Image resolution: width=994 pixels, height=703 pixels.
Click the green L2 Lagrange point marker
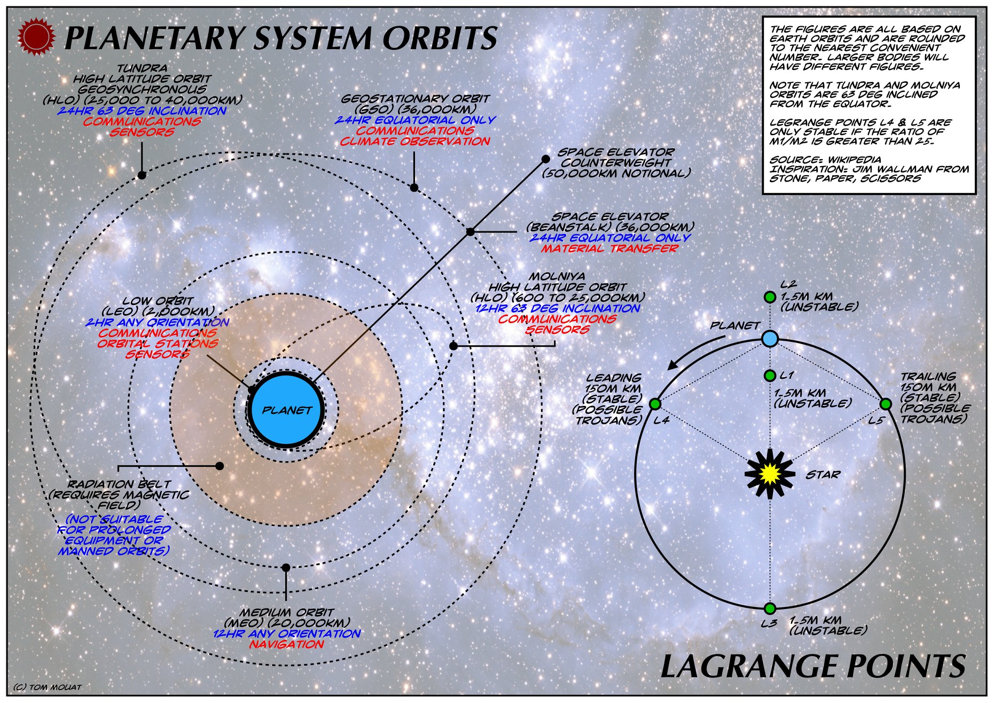(770, 297)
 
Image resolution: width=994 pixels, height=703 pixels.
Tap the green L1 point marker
(770, 376)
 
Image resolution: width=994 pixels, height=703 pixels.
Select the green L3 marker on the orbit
(770, 608)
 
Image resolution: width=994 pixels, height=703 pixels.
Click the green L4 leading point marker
(655, 404)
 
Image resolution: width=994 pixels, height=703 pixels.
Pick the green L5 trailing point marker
(885, 404)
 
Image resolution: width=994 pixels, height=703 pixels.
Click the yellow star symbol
(769, 473)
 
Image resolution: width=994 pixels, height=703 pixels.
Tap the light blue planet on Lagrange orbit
(770, 339)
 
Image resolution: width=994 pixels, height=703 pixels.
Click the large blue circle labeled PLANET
(286, 410)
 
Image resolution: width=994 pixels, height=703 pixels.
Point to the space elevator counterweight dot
(546, 159)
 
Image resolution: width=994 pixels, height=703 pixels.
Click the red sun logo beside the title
(37, 36)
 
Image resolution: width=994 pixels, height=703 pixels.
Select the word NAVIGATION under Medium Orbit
(287, 644)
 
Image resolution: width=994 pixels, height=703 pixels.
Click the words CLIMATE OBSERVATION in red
(415, 142)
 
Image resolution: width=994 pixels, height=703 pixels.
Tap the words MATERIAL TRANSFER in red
(609, 248)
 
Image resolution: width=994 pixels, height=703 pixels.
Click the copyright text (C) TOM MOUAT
(48, 687)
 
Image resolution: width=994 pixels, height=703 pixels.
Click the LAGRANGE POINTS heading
(813, 666)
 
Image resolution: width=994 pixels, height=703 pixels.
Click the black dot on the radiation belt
(220, 466)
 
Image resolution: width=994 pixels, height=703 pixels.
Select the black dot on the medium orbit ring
(286, 567)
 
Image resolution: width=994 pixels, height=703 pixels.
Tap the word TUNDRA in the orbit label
(142, 68)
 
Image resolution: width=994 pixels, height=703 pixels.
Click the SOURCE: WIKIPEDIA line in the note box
(825, 159)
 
